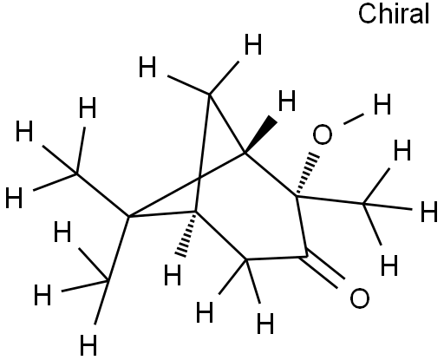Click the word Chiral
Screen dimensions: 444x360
[x=394, y=14]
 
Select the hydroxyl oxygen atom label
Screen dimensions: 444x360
[x=323, y=134]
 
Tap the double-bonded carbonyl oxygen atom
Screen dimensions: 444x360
[x=360, y=298]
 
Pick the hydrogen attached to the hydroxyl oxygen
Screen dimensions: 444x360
[x=382, y=104]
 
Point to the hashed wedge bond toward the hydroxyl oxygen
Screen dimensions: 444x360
[x=307, y=174]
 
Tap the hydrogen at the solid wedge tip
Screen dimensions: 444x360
[x=287, y=101]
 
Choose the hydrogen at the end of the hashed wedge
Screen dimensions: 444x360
[x=173, y=275]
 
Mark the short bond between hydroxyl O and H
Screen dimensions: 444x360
[x=354, y=119]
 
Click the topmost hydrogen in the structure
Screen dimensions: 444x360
[x=253, y=44]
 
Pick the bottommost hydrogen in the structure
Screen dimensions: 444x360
[x=88, y=345]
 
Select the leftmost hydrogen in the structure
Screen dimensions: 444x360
[x=14, y=198]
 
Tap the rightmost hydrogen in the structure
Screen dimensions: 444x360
[x=428, y=212]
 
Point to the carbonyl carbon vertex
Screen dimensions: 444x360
[x=306, y=256]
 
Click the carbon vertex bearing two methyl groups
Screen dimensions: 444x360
[x=128, y=216]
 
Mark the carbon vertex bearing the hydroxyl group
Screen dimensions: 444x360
[x=297, y=197]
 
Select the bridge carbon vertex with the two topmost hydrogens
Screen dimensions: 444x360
[x=210, y=94]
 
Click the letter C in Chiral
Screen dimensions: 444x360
[x=366, y=15]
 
